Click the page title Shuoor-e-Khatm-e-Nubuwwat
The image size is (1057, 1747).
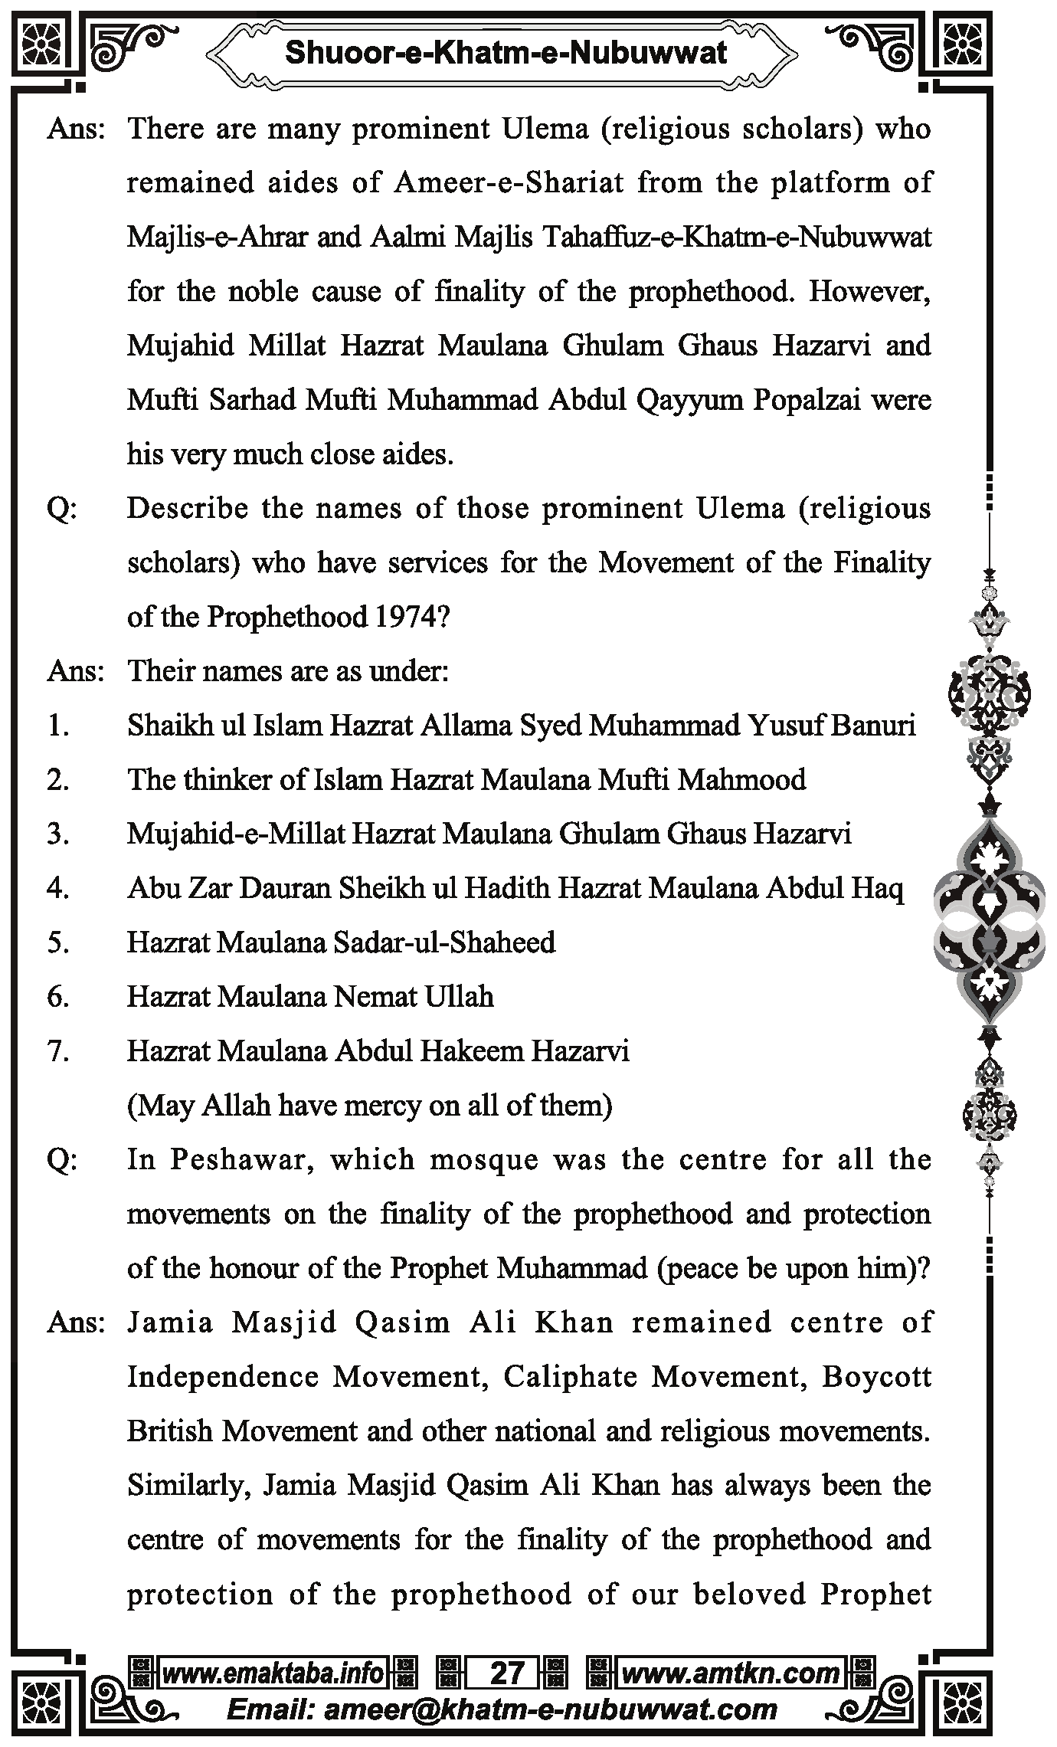click(x=506, y=54)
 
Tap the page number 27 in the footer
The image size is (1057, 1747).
click(x=506, y=1673)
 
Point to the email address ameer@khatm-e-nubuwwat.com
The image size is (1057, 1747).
click(x=551, y=1709)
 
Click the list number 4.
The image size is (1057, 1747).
click(x=58, y=888)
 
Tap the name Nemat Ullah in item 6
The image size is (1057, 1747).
click(x=414, y=997)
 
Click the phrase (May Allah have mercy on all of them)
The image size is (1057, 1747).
click(x=369, y=1106)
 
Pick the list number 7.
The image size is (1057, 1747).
click(x=58, y=1051)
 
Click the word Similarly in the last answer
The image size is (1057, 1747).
click(x=189, y=1486)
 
